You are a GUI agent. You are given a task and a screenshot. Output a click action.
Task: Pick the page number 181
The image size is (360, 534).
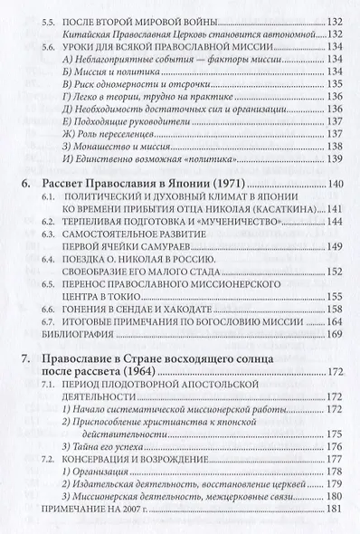pyautogui.click(x=336, y=510)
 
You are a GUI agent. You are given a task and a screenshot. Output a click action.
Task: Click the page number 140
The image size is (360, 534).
pyautogui.click(x=336, y=184)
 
